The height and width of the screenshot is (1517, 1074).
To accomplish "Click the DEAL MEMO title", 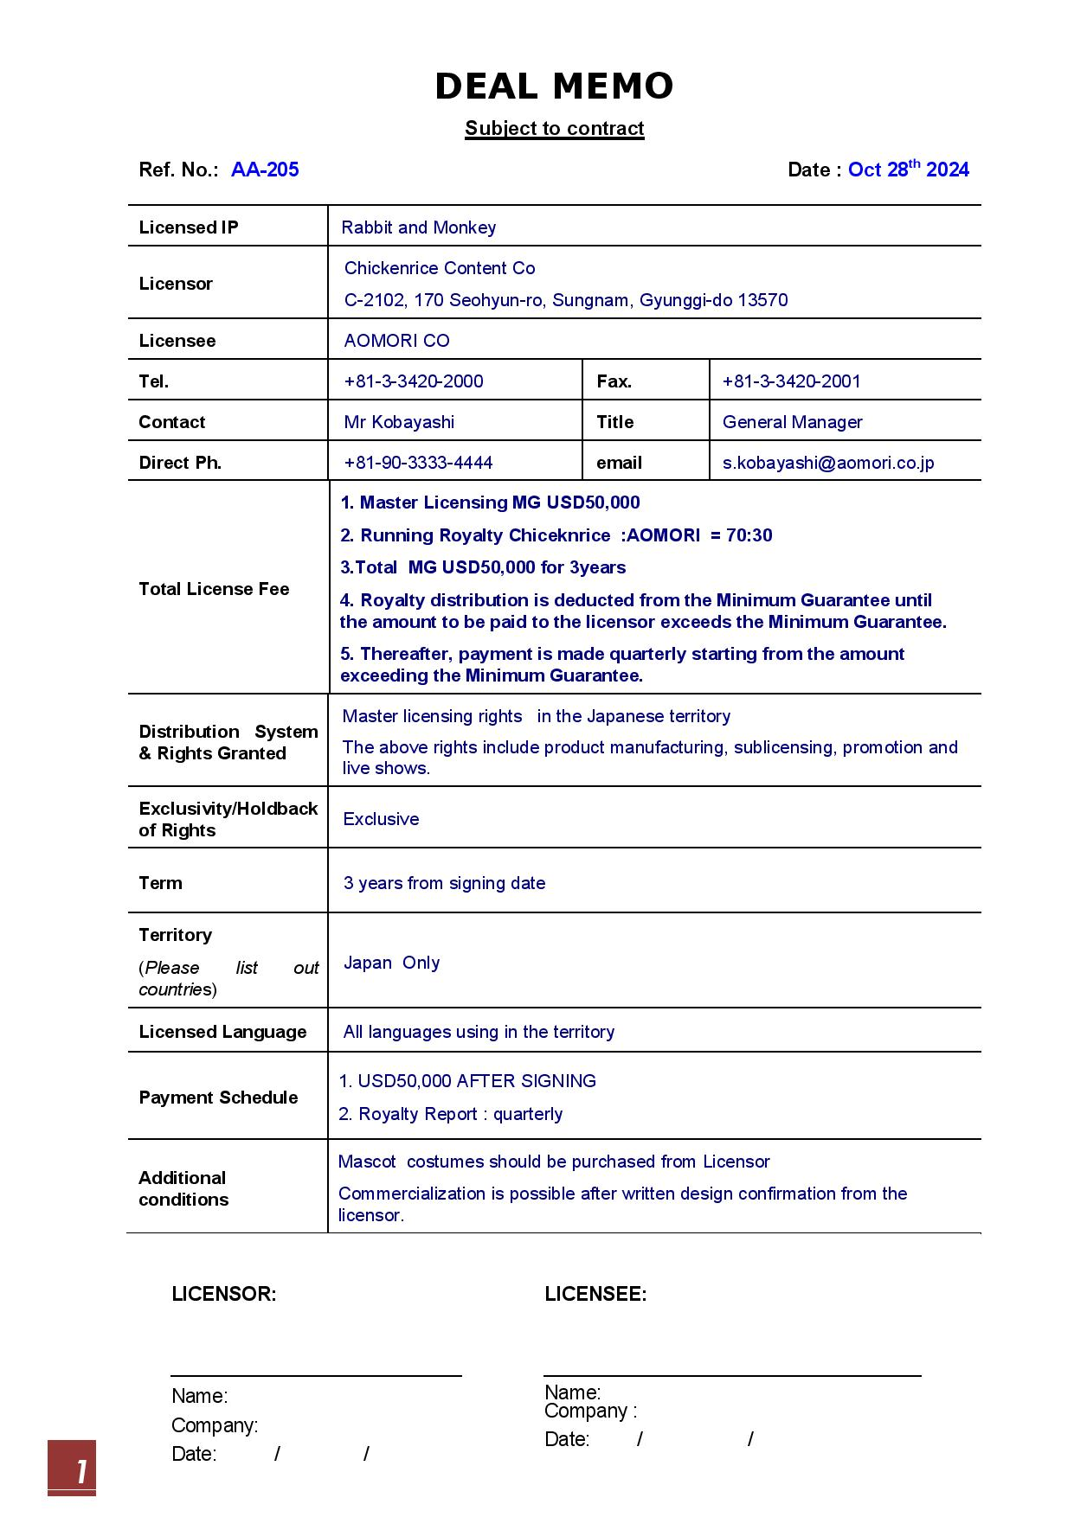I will pos(554,86).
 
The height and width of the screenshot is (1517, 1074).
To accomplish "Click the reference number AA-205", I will pos(265,170).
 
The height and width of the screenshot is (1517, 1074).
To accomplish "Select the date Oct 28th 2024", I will pos(908,170).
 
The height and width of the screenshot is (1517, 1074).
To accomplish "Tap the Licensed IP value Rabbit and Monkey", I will pos(418,227).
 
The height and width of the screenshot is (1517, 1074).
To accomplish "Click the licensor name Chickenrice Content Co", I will pos(440,268).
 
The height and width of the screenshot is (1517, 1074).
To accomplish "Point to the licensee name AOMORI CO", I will pos(396,341).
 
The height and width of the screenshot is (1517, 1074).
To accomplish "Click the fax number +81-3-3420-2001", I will pos(791,381).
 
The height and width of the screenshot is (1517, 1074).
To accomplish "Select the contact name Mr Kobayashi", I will pos(399,422).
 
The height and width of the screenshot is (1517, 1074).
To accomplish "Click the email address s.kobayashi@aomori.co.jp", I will pos(828,463).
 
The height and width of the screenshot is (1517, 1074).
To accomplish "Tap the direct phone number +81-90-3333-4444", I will pos(418,463).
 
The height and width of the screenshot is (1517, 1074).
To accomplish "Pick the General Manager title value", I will pos(792,422).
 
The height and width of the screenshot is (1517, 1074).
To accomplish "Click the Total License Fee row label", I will pos(214,589).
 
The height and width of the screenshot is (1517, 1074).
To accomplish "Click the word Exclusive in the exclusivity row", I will pos(381,819).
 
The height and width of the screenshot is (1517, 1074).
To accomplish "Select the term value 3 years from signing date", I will pos(444,883).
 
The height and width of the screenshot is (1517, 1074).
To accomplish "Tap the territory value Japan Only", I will pos(391,963).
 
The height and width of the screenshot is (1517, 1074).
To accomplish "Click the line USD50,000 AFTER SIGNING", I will pos(467,1081).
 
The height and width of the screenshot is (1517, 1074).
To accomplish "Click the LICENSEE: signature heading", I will pos(595,1294).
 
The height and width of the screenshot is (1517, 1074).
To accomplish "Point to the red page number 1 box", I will pos(72,1468).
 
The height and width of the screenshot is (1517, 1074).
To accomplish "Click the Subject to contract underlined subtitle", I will pos(554,129).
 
